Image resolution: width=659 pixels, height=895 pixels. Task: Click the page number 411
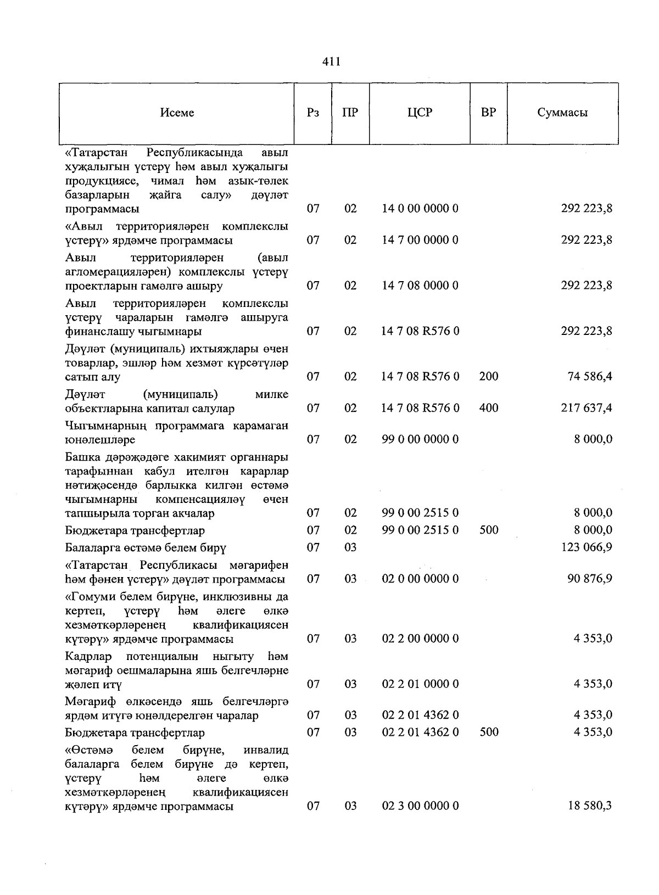coord(331,61)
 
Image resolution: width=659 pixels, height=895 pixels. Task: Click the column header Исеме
coord(177,113)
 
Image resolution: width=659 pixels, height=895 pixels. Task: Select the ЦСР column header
coord(420,113)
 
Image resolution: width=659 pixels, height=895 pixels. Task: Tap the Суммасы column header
coord(562,113)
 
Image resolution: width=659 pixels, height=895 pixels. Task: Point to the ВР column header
coord(488,113)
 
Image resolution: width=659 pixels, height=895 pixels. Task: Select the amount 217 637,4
coord(587,408)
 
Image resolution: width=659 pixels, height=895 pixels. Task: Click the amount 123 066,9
coord(587,547)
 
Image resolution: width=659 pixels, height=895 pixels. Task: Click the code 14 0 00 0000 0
coord(420,209)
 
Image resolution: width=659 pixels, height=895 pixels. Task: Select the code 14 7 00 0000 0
coord(420,240)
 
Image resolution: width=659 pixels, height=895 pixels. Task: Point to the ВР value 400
coord(488,408)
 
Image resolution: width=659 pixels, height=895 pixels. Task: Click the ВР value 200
coord(488,377)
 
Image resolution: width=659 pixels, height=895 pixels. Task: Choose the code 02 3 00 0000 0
coord(420,806)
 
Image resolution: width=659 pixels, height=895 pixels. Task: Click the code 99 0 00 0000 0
coord(420,439)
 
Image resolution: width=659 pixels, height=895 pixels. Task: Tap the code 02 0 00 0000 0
coord(420,579)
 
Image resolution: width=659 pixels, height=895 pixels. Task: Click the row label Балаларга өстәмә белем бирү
coord(146,547)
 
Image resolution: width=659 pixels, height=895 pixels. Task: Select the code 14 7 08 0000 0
coord(420,286)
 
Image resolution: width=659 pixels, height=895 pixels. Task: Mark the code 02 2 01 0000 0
coord(420,684)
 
